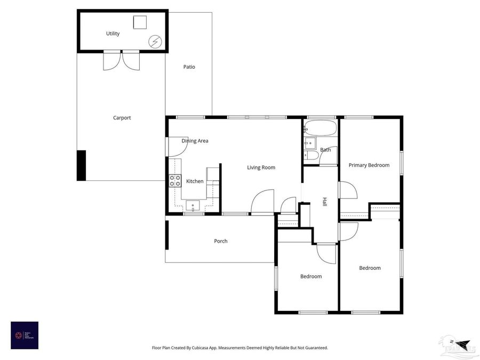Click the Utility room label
[113, 34]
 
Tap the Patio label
[189, 67]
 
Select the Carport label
[122, 118]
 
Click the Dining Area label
[195, 141]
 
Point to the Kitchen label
[195, 181]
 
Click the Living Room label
[261, 167]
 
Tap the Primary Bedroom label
[369, 165]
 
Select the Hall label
[324, 202]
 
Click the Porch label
[221, 241]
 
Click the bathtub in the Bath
[321, 129]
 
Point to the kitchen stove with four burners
[175, 181]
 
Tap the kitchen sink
[193, 206]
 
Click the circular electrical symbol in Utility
[155, 41]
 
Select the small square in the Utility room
[140, 22]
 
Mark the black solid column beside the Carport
[81, 165]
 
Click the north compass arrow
[461, 343]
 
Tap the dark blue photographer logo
[25, 335]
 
